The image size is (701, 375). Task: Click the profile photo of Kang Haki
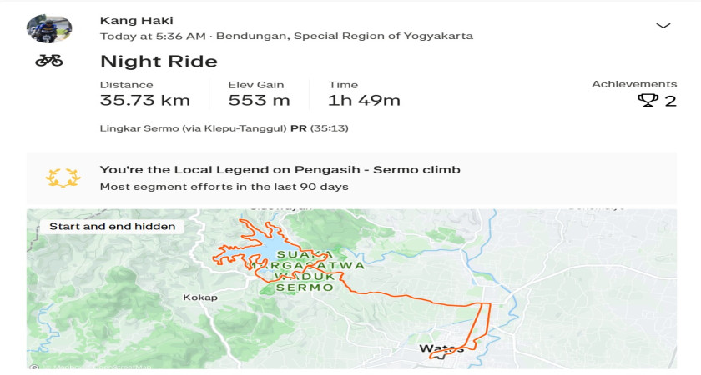[x=49, y=28]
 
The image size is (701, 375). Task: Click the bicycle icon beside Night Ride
[x=49, y=61]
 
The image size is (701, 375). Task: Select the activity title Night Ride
[x=159, y=62]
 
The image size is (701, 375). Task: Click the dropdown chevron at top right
[x=663, y=26]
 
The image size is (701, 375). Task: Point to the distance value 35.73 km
[x=145, y=101]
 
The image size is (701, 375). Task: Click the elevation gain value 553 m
[x=259, y=101]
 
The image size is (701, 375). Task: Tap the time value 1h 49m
[x=364, y=101]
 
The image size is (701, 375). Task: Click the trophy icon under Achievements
[x=648, y=101]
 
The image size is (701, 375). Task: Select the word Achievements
[x=634, y=84]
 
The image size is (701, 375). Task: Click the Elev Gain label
[x=256, y=84]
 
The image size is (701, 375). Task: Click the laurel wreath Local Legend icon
[x=63, y=177]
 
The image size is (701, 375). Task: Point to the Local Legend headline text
[x=280, y=170]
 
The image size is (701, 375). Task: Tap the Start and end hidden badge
[x=113, y=226]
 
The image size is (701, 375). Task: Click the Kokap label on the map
[x=200, y=297]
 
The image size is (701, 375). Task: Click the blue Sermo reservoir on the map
[x=265, y=253]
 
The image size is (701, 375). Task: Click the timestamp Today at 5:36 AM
[x=153, y=37]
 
